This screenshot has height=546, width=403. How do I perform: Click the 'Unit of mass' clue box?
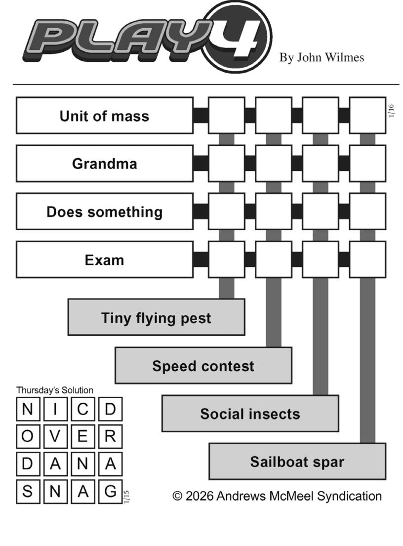click(x=104, y=116)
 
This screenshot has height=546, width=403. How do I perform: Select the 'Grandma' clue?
click(x=104, y=164)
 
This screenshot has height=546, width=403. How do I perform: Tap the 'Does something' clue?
click(x=104, y=211)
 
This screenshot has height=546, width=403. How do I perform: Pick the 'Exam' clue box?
click(x=104, y=260)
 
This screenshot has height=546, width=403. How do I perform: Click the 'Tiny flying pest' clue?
click(x=156, y=317)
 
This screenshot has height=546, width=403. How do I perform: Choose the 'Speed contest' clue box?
click(x=203, y=366)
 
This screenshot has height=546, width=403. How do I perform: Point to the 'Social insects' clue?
click(x=250, y=414)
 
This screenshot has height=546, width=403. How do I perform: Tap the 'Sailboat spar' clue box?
click(x=297, y=462)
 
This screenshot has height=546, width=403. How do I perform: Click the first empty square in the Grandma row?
click(x=226, y=164)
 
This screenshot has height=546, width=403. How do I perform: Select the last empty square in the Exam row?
click(x=367, y=260)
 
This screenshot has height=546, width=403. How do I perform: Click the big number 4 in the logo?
click(x=239, y=37)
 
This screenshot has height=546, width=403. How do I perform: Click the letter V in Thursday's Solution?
click(x=55, y=436)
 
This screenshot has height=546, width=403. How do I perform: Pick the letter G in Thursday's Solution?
click(x=110, y=491)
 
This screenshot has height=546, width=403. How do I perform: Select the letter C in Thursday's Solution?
click(x=83, y=409)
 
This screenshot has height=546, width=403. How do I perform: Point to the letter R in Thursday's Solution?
click(x=110, y=436)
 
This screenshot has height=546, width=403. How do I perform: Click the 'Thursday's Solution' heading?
click(x=54, y=390)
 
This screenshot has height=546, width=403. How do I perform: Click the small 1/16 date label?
click(x=392, y=111)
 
